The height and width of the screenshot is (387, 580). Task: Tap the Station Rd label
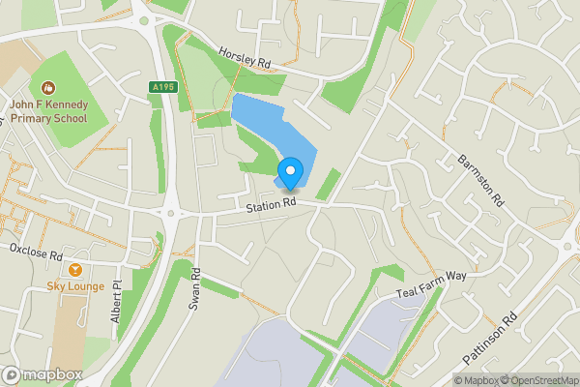pyautogui.click(x=271, y=205)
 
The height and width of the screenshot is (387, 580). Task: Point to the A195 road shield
pyautogui.click(x=163, y=88)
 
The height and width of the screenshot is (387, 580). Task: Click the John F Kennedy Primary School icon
pyautogui.click(x=47, y=88)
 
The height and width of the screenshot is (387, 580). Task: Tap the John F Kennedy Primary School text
pyautogui.click(x=48, y=111)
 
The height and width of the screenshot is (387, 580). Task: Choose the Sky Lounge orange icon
pyautogui.click(x=75, y=269)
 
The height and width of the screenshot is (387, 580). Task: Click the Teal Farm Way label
pyautogui.click(x=431, y=283)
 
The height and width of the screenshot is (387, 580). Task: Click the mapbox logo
pyautogui.click(x=42, y=374)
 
